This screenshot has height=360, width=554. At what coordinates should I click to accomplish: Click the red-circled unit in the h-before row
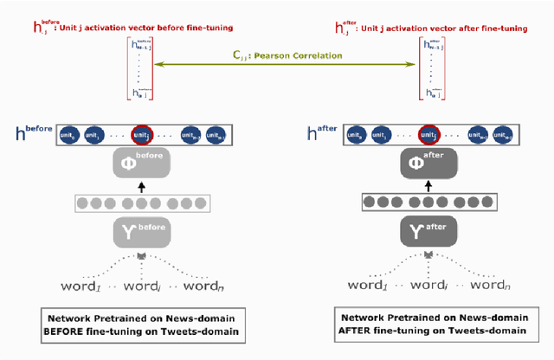(140, 135)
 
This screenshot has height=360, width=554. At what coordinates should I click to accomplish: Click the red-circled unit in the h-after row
(428, 135)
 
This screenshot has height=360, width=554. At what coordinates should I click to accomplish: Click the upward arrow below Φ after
(428, 188)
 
